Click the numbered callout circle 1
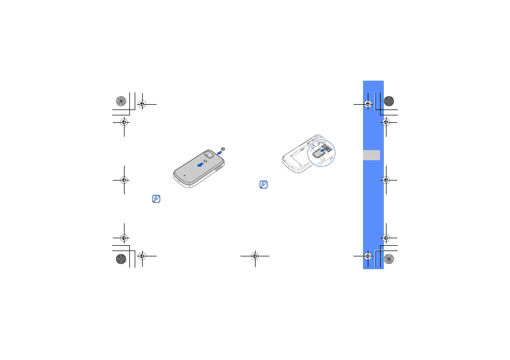pos(223,149)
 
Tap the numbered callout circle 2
pos(205,161)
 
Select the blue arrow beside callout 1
pos(220,152)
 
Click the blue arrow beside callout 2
pos(200,165)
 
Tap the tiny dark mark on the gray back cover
pos(185,175)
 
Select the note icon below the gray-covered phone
pos(156,199)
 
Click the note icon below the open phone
pos(264,185)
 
